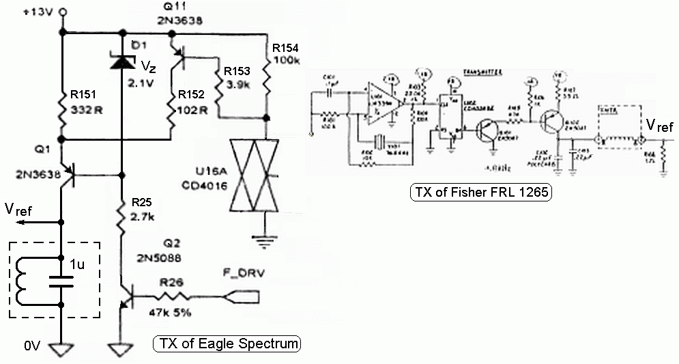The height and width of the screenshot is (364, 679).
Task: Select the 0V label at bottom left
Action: [x=33, y=347]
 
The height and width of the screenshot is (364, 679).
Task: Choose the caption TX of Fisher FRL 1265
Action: [x=480, y=193]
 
